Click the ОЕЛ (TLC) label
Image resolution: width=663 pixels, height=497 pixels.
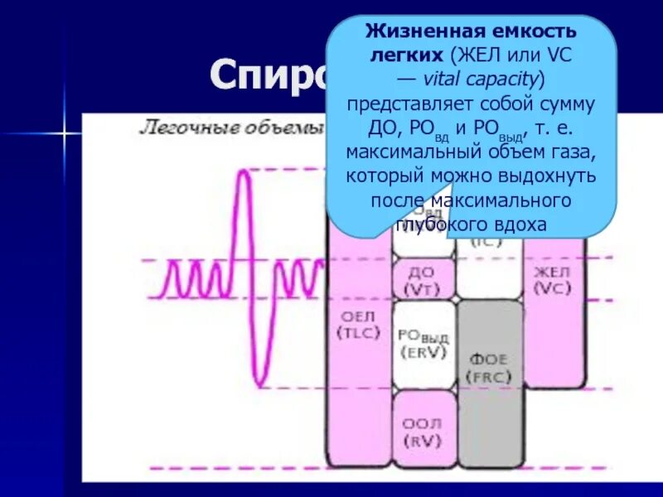pos(358,324)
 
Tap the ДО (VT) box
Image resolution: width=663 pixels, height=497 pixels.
pos(423,280)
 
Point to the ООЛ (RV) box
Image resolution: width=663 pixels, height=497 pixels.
pos(423,432)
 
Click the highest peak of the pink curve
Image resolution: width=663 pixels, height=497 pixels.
pos(243,171)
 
